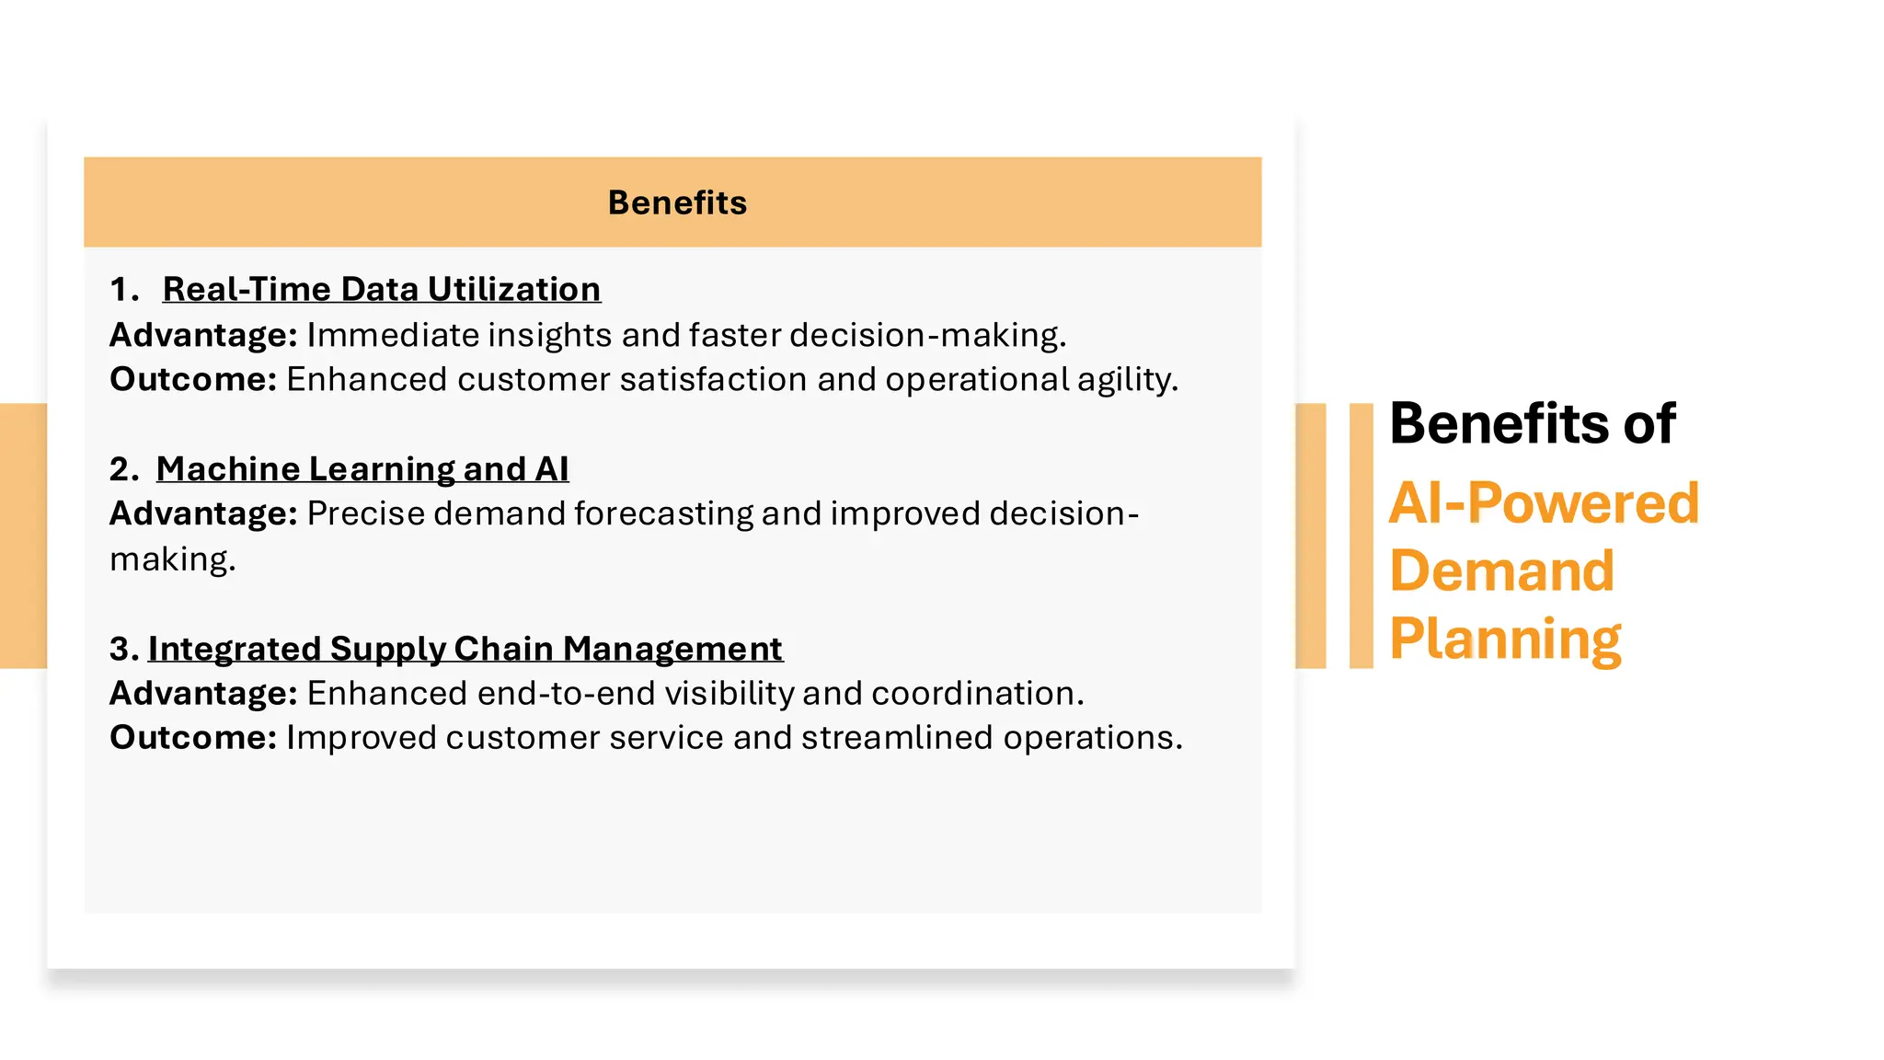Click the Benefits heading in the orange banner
(677, 202)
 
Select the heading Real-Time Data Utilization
(381, 289)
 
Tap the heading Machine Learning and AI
(362, 468)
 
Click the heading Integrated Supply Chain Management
(465, 649)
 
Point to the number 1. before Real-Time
(123, 289)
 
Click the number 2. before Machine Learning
(123, 469)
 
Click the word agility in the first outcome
(1127, 380)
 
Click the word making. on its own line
(172, 559)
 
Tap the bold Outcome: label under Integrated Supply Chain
(193, 738)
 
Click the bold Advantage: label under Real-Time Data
(203, 335)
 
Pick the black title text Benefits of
(1532, 424)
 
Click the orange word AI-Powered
(1544, 503)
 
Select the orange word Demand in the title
(1501, 570)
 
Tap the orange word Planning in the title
(1505, 639)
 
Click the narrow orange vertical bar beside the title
(1361, 536)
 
